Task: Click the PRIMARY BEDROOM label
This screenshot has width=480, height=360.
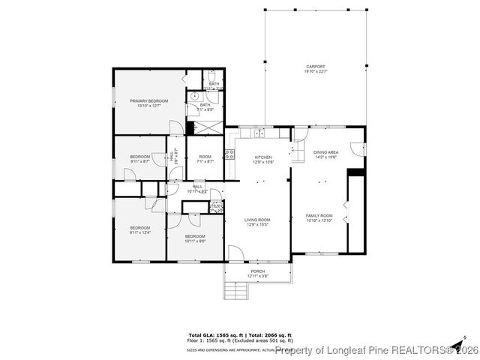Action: coord(148,101)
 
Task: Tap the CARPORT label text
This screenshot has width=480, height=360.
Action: coord(314,66)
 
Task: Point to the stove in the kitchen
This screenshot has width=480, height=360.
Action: coord(230,155)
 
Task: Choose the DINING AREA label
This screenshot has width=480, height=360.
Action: coord(325,152)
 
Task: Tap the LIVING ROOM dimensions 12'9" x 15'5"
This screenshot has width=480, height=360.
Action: coord(257,224)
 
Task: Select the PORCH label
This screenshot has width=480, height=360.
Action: coord(257,271)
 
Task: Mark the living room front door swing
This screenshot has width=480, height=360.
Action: coord(235,255)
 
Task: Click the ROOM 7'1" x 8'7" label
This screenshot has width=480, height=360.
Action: coord(205,157)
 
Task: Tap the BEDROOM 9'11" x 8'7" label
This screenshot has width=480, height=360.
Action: coord(139,157)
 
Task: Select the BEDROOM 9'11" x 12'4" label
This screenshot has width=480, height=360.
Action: coord(139,228)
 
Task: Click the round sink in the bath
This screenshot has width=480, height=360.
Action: coord(194,97)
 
